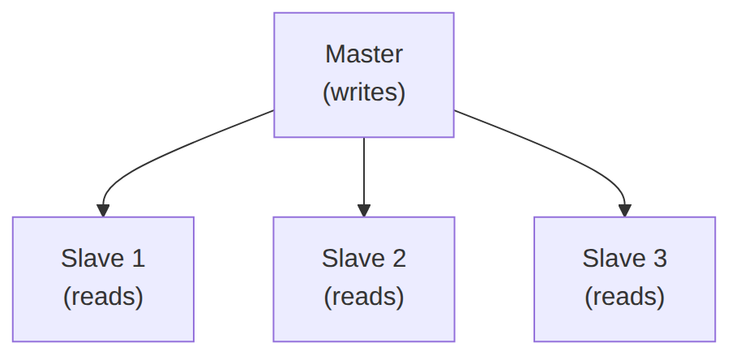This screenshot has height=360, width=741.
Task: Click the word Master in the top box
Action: coord(364,54)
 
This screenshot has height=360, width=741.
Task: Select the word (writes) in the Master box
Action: coord(364,92)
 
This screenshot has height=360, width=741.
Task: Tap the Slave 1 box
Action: coord(103,279)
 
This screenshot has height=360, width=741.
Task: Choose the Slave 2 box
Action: coord(364,279)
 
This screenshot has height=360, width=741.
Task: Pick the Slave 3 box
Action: coord(625,279)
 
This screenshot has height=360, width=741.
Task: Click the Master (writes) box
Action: coord(364,75)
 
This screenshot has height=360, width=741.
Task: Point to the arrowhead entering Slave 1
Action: coord(103,211)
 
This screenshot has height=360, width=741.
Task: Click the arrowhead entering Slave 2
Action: coord(364,211)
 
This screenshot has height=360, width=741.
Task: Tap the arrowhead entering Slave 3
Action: coord(625,211)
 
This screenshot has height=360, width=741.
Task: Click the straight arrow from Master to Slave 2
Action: coord(364,178)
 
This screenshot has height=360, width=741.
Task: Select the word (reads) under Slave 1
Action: coord(103,297)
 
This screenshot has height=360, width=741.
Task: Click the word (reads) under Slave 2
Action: coord(364,297)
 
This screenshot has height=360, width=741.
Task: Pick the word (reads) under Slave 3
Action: coord(625,297)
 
